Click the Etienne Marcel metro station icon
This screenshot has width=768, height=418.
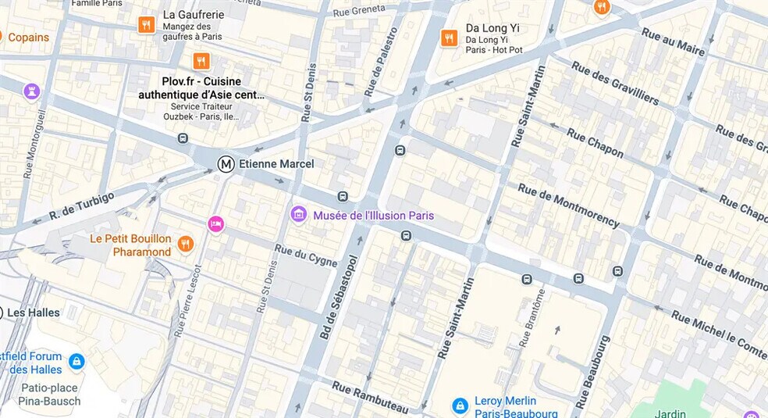(226, 163)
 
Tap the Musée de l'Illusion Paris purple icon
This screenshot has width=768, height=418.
(298, 214)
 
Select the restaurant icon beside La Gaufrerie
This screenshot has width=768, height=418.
(146, 25)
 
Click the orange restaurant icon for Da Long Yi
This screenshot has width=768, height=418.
(449, 38)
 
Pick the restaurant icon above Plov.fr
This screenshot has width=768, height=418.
(201, 61)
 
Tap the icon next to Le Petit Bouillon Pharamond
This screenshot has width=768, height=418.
(185, 245)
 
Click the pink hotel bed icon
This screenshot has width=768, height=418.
(215, 224)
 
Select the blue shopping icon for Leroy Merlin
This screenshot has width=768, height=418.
(460, 405)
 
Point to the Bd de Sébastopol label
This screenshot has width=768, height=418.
(339, 298)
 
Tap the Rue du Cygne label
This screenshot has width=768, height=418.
(306, 255)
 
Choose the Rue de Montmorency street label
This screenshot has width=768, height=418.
(568, 205)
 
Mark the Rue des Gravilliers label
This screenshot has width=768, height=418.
(614, 82)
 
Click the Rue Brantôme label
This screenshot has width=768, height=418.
(531, 317)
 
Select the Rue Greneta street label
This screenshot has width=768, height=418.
(359, 11)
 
